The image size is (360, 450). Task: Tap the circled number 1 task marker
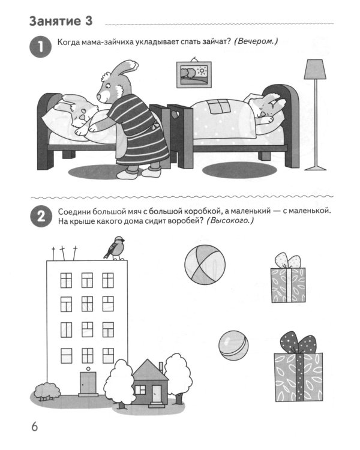tap(40, 46)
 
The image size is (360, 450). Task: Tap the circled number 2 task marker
tap(41, 216)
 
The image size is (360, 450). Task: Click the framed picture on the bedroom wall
tap(193, 74)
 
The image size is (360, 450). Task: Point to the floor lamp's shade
tap(315, 69)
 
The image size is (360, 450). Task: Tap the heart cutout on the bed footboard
tap(175, 115)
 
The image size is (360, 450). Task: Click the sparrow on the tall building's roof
tap(115, 248)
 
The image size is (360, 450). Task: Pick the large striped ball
tap(205, 265)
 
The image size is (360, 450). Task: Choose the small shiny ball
tap(233, 345)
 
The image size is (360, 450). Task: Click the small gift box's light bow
tap(288, 260)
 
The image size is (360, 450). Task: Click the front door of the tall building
tap(88, 383)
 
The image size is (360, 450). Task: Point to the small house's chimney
tap(161, 367)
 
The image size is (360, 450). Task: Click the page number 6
tap(34, 427)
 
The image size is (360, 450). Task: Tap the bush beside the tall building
tap(47, 391)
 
